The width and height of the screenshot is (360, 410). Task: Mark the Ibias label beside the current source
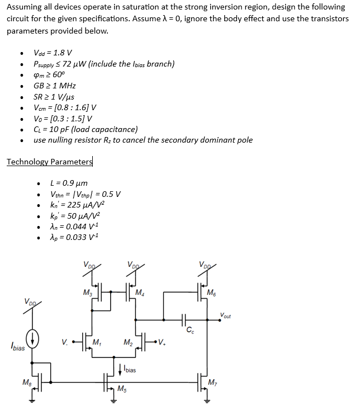coord(17,347)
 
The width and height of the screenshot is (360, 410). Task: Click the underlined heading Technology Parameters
coord(50,162)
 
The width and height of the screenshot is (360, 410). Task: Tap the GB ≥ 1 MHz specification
coord(55,86)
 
